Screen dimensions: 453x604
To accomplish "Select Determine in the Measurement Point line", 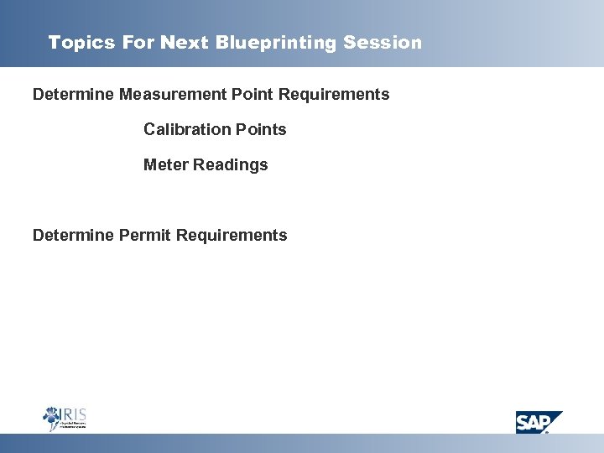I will click(x=74, y=95).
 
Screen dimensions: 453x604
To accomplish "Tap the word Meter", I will click(x=166, y=165).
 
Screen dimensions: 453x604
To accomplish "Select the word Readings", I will click(x=231, y=165).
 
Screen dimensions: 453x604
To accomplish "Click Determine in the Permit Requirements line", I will click(x=74, y=236).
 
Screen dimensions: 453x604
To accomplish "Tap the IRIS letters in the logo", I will click(x=73, y=414).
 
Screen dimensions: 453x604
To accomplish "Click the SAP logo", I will click(x=537, y=421).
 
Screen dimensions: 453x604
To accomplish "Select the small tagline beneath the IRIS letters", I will click(x=74, y=425).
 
